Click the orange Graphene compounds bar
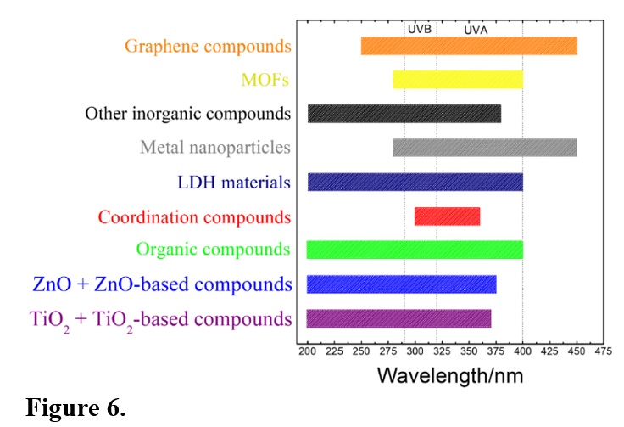pyautogui.click(x=469, y=46)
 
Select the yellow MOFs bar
pyautogui.click(x=458, y=80)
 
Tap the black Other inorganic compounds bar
pyautogui.click(x=404, y=114)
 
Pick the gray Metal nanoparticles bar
pyautogui.click(x=484, y=148)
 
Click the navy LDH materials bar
pyautogui.click(x=415, y=182)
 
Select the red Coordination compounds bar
pyautogui.click(x=447, y=216)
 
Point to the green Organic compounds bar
pyautogui.click(x=415, y=250)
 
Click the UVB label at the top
pyautogui.click(x=420, y=29)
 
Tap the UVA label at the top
pyautogui.click(x=476, y=30)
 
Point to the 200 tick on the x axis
pyautogui.click(x=307, y=349)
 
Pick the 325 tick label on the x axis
pyautogui.click(x=442, y=349)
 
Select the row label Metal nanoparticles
pyautogui.click(x=215, y=148)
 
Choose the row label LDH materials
pyautogui.click(x=233, y=182)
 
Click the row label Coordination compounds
pyautogui.click(x=194, y=216)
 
